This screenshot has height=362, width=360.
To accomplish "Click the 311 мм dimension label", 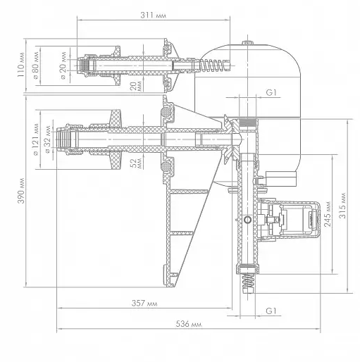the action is pyautogui.click(x=153, y=15).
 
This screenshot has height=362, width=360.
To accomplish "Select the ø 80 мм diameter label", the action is pyautogui.click(x=35, y=65).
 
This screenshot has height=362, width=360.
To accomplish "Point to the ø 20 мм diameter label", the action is pyautogui.click(x=63, y=65).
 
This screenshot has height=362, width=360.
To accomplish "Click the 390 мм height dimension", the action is pyautogui.click(x=21, y=191).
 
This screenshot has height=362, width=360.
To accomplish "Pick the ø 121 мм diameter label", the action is pyautogui.click(x=36, y=139).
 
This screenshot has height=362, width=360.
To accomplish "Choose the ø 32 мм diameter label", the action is pyautogui.click(x=48, y=139).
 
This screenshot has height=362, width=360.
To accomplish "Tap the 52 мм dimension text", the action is pyautogui.click(x=136, y=163).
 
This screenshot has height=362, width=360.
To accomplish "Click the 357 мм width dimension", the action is pyautogui.click(x=144, y=304).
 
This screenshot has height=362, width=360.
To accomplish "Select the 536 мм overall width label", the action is pyautogui.click(x=189, y=324).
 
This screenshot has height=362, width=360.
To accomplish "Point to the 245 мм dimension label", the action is pyautogui.click(x=327, y=213).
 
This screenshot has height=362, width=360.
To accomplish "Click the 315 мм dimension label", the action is pyautogui.click(x=343, y=206).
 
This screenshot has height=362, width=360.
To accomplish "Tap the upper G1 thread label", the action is pyautogui.click(x=271, y=93).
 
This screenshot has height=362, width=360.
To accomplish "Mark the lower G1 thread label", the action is pyautogui.click(x=271, y=311).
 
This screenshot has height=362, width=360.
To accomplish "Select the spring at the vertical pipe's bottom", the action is pyautogui.click(x=248, y=284).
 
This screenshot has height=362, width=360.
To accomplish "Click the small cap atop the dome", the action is pyautogui.click(x=248, y=42).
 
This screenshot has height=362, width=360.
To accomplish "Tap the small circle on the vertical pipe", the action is pyautogui.click(x=247, y=220).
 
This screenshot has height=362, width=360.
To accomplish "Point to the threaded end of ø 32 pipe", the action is pyautogui.click(x=68, y=139).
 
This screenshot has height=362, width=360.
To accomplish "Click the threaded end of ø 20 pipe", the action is pyautogui.click(x=84, y=65).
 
